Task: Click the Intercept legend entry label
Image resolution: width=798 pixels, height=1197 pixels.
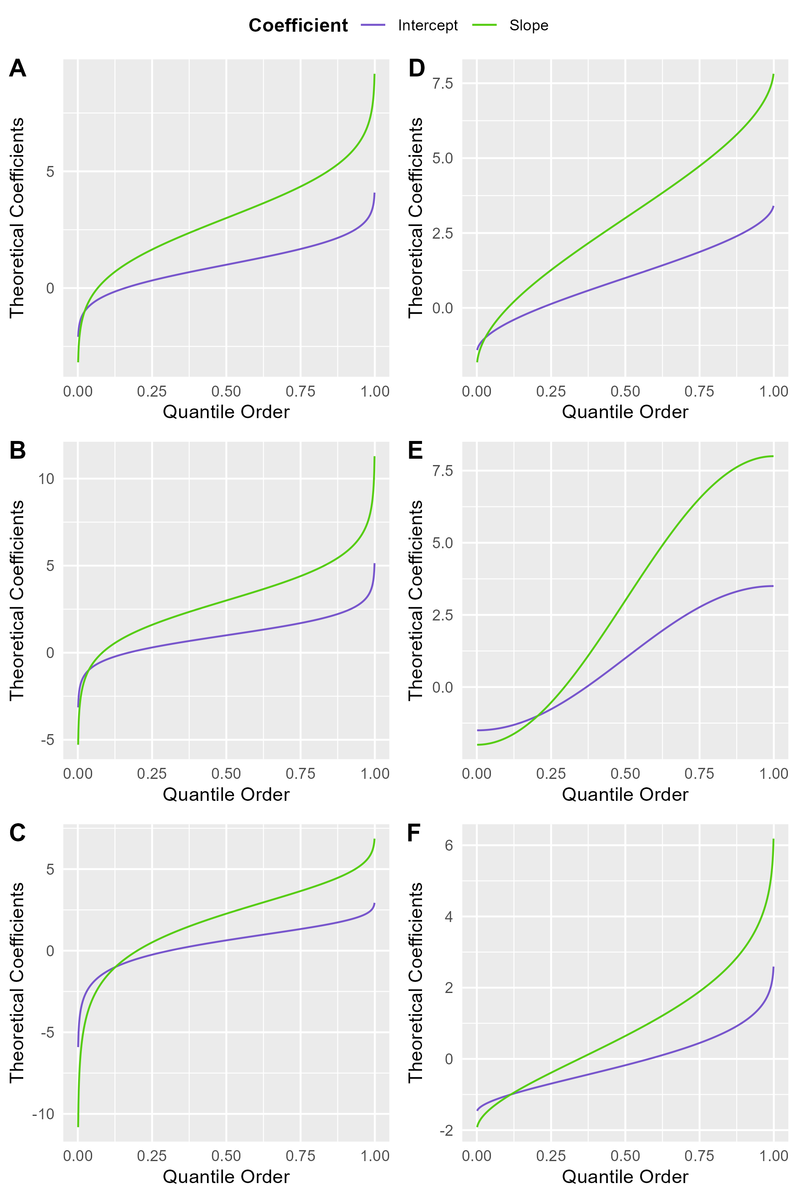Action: [428, 25]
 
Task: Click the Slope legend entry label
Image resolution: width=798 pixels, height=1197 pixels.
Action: [529, 25]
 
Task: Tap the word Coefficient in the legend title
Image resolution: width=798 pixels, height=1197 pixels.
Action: [298, 25]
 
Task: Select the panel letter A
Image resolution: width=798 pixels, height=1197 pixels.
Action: [17, 68]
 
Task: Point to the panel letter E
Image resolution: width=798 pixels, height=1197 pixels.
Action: [415, 450]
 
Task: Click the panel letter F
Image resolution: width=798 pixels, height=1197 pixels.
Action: [414, 833]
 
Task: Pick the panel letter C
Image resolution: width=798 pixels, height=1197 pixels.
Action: [17, 833]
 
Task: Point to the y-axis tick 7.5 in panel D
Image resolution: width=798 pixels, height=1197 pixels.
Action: [442, 84]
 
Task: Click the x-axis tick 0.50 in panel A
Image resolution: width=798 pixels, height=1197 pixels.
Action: [226, 392]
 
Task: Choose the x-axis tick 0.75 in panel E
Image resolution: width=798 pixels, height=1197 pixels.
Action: [699, 774]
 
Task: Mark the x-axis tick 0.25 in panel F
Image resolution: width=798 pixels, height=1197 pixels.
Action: [551, 1156]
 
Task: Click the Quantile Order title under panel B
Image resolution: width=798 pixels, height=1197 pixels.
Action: [226, 794]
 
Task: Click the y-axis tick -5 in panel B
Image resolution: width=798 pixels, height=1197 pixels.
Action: [47, 740]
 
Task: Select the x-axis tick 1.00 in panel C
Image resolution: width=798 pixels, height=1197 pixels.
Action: [375, 1156]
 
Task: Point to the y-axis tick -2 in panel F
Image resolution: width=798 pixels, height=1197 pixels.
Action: [447, 1130]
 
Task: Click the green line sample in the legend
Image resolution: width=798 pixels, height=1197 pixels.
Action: [485, 25]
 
